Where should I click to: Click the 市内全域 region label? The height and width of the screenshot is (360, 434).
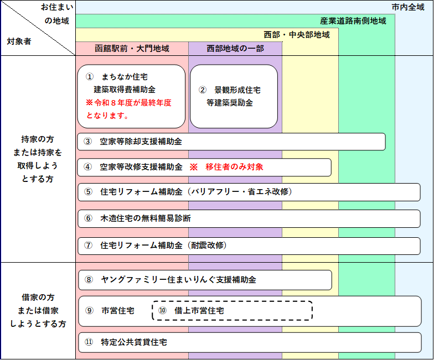(408, 7)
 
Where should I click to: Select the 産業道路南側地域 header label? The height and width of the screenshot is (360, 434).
(353, 21)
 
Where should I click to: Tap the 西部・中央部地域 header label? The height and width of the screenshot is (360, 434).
(297, 35)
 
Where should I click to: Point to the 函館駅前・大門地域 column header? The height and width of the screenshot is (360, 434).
(132, 49)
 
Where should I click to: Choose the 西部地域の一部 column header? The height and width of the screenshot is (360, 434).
(235, 49)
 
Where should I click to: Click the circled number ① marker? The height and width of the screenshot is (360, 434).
(90, 76)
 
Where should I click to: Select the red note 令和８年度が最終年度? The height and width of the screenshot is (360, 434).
(128, 103)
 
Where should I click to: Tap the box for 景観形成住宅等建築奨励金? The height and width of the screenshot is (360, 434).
(234, 96)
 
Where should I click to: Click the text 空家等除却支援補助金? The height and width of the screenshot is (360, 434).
(141, 142)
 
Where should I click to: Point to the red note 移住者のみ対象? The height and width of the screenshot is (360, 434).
(234, 167)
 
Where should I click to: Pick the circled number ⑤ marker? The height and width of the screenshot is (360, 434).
(89, 191)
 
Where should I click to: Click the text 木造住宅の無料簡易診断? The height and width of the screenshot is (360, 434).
(146, 218)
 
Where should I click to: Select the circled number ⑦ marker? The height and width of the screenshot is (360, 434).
(89, 246)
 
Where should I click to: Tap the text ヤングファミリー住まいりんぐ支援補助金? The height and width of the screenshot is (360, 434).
(178, 280)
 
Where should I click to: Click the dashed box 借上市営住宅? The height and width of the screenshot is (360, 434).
(232, 311)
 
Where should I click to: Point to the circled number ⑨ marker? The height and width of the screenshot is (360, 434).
(90, 311)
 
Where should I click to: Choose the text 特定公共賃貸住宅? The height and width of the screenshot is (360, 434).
(134, 342)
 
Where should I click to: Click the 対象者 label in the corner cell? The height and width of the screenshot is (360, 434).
(19, 41)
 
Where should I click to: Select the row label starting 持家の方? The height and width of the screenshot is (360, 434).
(38, 159)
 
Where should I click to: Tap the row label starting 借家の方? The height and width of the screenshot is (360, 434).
(38, 311)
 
